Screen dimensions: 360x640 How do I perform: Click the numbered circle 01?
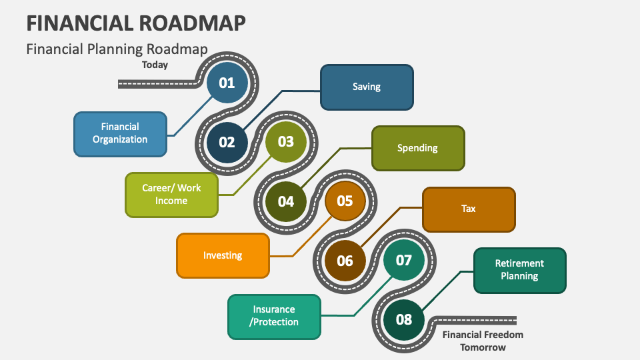tap(227, 83)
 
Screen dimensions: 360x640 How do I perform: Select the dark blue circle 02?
tap(227, 142)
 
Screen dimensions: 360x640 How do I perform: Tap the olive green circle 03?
tap(285, 141)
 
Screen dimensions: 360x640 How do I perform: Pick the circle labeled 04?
tap(285, 201)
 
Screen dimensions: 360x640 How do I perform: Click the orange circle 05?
tap(345, 201)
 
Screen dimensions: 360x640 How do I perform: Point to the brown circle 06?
tap(345, 261)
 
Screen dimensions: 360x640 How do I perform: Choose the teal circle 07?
tap(404, 260)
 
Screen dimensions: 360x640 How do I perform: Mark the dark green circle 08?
tap(404, 319)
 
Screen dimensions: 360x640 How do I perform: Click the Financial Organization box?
tap(120, 134)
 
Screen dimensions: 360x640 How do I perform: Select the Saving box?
tap(367, 87)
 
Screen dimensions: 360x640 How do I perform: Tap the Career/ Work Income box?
tap(171, 195)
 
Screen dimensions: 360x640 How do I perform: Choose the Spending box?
tap(418, 148)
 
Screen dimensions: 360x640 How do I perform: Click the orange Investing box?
tap(223, 255)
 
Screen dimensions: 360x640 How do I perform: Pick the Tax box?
tap(469, 209)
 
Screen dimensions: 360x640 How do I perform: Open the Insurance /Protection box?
tap(274, 316)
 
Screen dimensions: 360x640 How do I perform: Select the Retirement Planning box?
tap(520, 270)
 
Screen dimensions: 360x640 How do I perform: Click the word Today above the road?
tap(155, 65)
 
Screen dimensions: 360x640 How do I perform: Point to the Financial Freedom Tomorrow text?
tap(483, 341)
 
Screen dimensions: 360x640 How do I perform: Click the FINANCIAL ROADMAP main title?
tap(136, 23)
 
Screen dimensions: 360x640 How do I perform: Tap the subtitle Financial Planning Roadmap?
tap(117, 49)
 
